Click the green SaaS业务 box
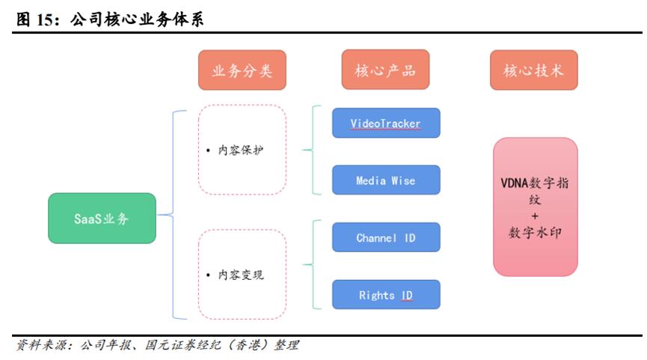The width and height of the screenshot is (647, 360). (102, 218)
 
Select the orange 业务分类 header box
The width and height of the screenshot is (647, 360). (242, 70)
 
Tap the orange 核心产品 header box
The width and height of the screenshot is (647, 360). (385, 70)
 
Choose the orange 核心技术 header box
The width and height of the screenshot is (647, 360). (533, 70)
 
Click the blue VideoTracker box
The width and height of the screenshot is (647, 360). (386, 123)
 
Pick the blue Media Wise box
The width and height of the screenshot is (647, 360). (386, 180)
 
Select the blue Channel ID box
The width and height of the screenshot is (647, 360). (386, 237)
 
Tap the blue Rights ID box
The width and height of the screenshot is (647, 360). (386, 295)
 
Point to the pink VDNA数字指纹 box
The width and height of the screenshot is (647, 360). (536, 207)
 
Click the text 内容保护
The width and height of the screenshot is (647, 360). (241, 150)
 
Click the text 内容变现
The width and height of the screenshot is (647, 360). (241, 275)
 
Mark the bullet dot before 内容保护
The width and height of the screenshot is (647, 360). (208, 150)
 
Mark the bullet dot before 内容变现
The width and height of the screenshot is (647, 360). (208, 275)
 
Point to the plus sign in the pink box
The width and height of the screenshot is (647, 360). (536, 216)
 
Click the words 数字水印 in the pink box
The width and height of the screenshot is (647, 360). (536, 233)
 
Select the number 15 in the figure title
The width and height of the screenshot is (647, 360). (44, 19)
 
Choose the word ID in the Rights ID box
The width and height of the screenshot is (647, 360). (407, 295)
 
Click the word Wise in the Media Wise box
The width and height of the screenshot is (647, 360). (403, 180)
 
